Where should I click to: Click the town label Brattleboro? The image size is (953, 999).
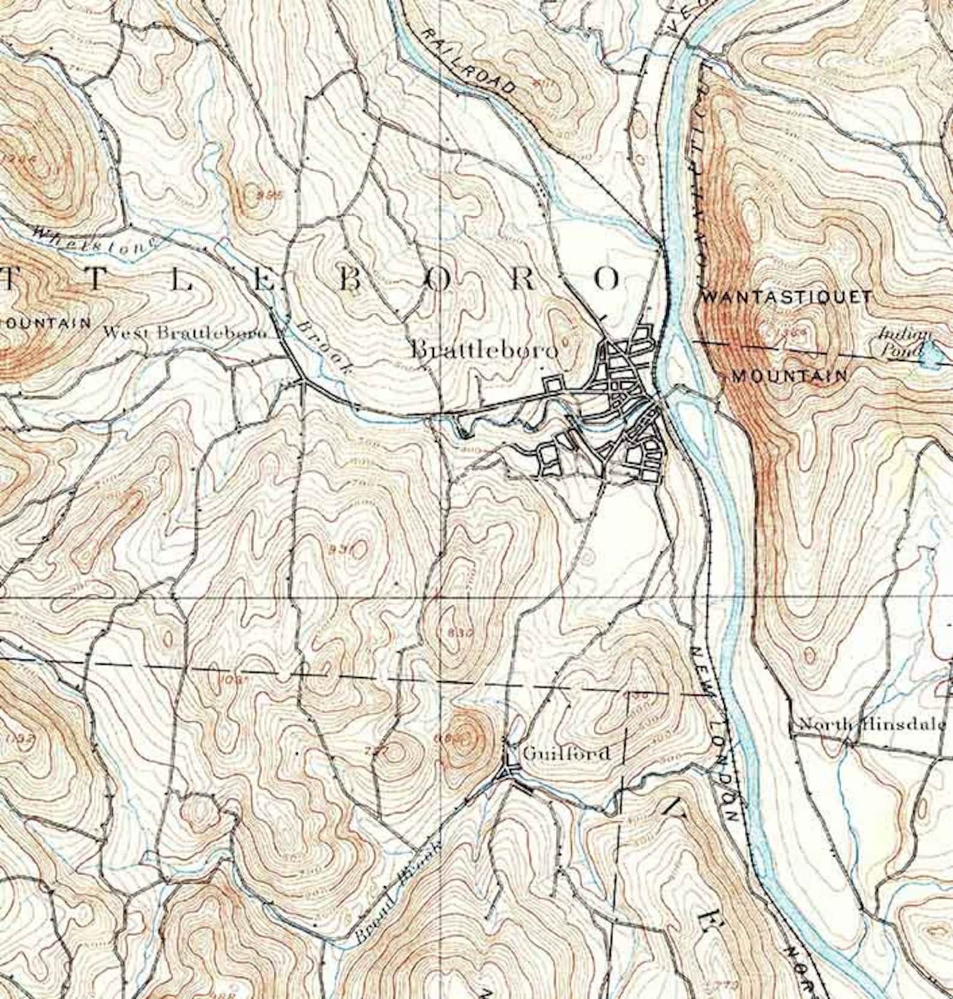484,350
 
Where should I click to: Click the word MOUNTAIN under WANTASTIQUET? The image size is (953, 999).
790,376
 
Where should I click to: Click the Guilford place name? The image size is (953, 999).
566,753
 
